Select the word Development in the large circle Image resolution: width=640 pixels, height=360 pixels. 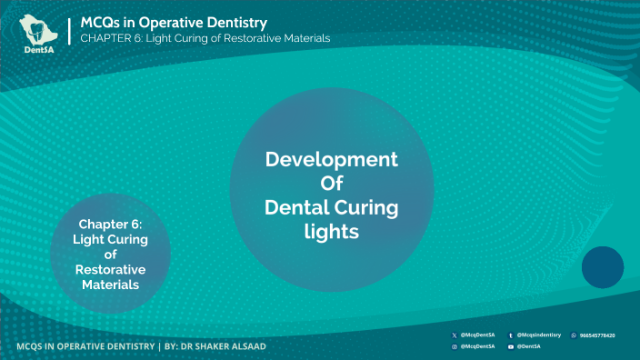(331, 160)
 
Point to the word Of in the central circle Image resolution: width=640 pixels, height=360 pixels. (331, 184)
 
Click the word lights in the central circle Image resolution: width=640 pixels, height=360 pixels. (331, 232)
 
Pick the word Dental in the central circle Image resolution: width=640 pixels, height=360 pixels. (295, 208)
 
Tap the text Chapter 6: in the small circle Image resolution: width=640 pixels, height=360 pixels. (110, 224)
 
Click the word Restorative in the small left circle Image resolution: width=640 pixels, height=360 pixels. (110, 270)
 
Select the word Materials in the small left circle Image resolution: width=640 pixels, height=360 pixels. (110, 285)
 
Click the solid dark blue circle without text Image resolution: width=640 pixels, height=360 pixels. (602, 267)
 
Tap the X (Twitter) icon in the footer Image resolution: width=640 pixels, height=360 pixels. (455, 335)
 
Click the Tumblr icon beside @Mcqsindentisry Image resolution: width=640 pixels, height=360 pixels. (511, 335)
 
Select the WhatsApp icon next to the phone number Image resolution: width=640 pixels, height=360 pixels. (573, 335)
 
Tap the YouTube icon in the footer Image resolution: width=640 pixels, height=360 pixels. (511, 346)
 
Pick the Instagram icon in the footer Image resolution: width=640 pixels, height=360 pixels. (455, 346)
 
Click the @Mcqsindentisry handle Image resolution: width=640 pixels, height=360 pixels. (539, 335)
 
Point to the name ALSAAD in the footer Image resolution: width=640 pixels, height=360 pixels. (243, 346)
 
